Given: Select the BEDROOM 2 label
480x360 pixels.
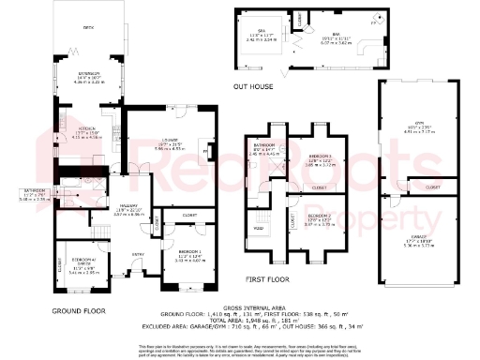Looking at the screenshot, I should pyautogui.click(x=320, y=216).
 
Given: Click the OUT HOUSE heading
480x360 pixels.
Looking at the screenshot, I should pyautogui.click(x=255, y=86).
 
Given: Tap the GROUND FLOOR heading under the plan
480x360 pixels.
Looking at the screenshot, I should pyautogui.click(x=77, y=309).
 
